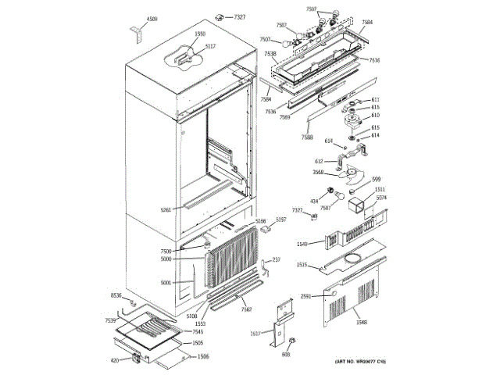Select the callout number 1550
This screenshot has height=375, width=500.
[200, 34]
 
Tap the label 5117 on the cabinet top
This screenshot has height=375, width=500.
[210, 47]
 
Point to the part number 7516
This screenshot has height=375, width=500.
[375, 60]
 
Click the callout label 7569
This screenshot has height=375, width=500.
[284, 116]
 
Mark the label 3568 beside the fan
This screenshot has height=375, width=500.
[319, 172]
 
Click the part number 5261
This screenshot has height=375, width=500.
[166, 209]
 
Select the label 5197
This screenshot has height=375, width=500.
[281, 221]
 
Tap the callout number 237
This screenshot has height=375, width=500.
[276, 259]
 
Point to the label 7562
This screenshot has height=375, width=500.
[245, 309]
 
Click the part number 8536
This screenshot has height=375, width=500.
[116, 295]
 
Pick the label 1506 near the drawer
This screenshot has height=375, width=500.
[202, 356]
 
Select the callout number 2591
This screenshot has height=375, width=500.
[306, 296]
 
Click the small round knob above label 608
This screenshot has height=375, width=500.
[291, 342]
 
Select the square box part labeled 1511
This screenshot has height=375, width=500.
[362, 205]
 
